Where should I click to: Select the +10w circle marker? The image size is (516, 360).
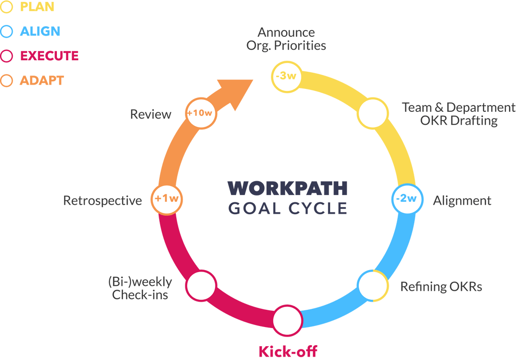[x=199, y=113]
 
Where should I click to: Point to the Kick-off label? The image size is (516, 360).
[x=288, y=351]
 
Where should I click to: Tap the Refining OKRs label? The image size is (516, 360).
[x=441, y=287]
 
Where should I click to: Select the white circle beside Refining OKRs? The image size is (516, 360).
[x=372, y=285]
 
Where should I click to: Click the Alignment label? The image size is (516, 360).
[x=462, y=200]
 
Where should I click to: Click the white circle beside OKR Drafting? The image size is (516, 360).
[x=372, y=113]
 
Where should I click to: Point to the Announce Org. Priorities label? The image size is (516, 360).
[x=286, y=39]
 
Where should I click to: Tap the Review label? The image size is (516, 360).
[x=151, y=114]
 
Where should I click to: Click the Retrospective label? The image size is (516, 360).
[x=103, y=200]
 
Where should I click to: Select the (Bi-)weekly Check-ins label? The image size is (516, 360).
[x=140, y=288]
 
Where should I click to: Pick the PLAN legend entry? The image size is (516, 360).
[x=37, y=7]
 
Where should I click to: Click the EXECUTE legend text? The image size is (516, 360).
[x=49, y=56]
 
